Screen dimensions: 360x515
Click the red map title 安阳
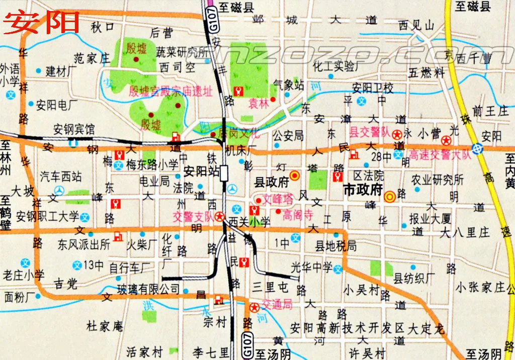42,22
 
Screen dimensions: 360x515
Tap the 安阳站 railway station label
201,171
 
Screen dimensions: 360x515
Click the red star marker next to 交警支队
219,217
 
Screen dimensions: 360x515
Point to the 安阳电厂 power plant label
56,105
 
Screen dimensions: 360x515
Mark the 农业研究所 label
437,179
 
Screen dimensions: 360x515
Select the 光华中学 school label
312,267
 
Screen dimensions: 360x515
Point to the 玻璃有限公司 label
148,289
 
